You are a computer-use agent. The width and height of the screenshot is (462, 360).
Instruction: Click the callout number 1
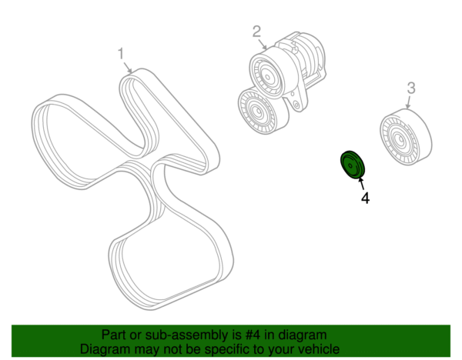coord(121,54)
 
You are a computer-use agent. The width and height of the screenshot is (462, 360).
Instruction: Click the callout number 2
coord(256,32)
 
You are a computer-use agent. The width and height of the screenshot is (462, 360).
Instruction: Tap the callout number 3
coord(411,88)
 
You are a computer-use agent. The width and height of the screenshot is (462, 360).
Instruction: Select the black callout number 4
coord(365,198)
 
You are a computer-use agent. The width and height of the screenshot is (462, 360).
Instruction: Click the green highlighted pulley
coord(353,165)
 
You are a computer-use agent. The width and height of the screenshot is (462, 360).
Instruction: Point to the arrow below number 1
coord(128,68)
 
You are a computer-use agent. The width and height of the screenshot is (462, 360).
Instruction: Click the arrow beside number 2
coord(263,45)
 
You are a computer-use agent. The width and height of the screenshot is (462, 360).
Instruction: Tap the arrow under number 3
coord(408,102)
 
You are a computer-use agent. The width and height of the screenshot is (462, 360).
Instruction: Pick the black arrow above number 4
coord(361,183)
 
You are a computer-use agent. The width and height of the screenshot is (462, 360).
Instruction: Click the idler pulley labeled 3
coord(406,137)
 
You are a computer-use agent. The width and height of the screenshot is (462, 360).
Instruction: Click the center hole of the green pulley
coord(350,166)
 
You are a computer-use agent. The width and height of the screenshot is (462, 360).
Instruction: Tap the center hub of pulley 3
coord(399,139)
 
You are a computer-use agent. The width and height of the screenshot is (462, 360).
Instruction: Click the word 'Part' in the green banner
coord(113,335)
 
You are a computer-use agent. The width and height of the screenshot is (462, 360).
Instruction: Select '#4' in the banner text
coord(253,335)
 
